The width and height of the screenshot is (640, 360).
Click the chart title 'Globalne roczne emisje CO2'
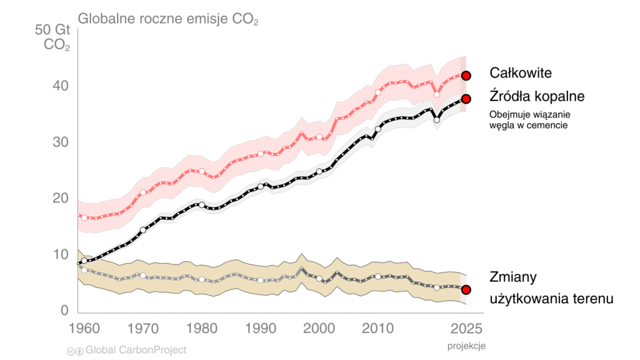[x=167, y=19]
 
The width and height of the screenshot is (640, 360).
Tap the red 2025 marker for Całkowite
[x=466, y=76]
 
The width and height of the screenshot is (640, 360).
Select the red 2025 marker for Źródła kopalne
[x=466, y=99]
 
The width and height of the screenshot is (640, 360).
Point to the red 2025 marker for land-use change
[x=466, y=289]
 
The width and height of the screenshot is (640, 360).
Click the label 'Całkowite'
[x=521, y=73]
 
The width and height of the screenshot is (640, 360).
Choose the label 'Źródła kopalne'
[x=537, y=97]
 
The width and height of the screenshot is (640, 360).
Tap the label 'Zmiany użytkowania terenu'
[x=551, y=288]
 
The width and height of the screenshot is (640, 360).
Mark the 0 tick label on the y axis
[x=64, y=311]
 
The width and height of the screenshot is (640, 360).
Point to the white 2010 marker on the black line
[x=377, y=129]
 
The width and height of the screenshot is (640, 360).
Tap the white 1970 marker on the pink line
[x=143, y=192]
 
